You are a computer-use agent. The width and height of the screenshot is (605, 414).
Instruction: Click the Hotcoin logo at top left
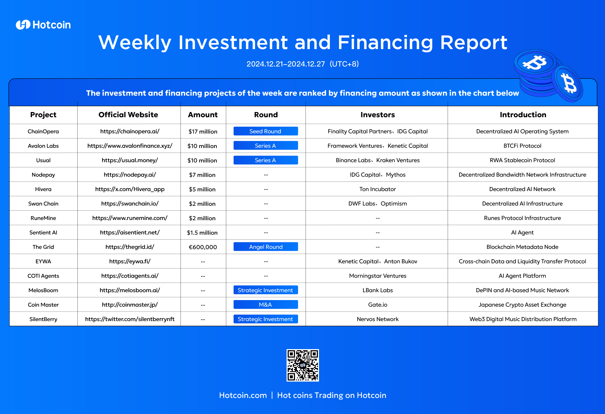tap(43, 25)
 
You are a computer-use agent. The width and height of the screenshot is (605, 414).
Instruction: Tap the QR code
tap(303, 365)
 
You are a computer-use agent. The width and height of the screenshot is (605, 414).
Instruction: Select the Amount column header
tap(203, 115)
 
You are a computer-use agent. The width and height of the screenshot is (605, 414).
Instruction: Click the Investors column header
tap(378, 115)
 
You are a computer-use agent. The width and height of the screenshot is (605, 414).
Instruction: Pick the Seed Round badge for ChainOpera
tap(266, 131)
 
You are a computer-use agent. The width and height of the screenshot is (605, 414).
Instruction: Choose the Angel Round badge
tap(266, 247)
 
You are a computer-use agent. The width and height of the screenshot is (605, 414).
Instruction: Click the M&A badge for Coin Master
tap(266, 304)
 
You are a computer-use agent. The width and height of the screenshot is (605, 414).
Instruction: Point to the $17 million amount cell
tap(203, 131)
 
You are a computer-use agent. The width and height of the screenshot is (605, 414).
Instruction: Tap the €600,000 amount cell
tap(203, 247)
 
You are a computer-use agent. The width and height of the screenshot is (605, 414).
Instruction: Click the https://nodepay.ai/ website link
tap(130, 175)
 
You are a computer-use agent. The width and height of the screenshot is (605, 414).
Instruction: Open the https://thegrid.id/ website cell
tap(130, 247)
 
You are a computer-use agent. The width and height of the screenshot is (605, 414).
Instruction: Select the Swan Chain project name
tap(43, 204)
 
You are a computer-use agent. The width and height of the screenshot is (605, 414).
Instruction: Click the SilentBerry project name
tap(43, 319)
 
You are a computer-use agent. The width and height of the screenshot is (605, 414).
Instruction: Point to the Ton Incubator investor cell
tap(378, 189)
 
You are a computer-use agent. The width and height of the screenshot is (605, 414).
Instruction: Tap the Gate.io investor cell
tap(378, 305)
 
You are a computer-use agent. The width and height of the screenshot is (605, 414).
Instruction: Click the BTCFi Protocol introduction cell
tap(522, 146)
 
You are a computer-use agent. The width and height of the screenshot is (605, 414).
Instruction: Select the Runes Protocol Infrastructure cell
tap(522, 218)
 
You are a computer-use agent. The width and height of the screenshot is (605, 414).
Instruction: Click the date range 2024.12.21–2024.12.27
tap(286, 64)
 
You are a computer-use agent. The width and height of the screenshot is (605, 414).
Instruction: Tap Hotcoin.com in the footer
tap(243, 395)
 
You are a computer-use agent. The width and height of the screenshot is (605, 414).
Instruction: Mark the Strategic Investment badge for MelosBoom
tap(266, 290)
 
